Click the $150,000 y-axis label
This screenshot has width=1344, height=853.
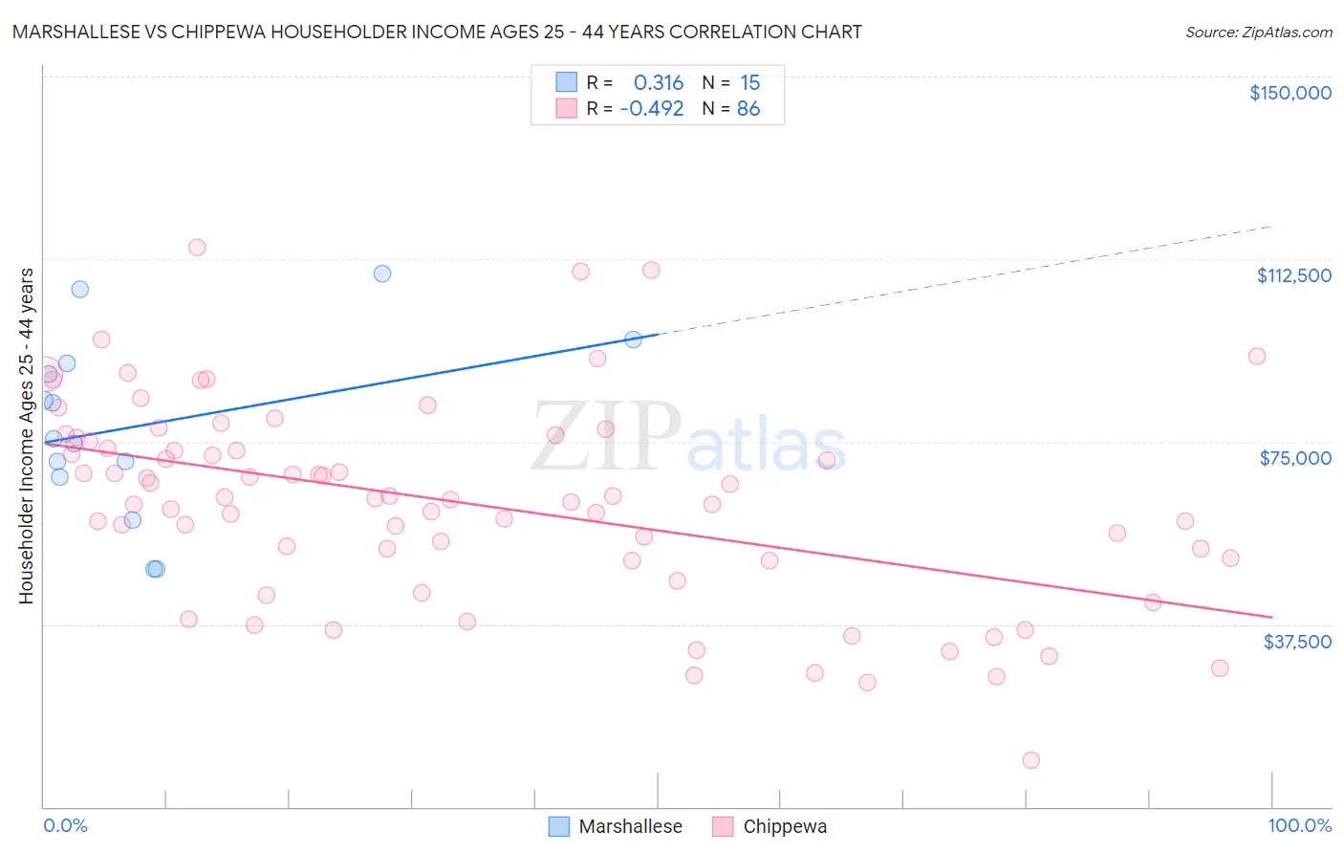coord(1290,93)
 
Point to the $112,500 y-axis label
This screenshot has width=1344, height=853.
coord(1293,275)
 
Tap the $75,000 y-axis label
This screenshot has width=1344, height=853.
coord(1295,458)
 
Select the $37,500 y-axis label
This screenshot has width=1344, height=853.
coord(1297,642)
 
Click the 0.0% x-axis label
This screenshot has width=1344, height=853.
coord(65,826)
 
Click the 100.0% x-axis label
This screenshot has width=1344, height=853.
coord(1299,826)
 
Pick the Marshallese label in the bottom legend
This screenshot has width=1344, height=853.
coord(630,827)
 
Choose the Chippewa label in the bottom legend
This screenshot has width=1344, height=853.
coord(785,827)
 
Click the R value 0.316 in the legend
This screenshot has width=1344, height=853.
coord(659,83)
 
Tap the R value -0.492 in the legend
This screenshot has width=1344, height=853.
coord(652,109)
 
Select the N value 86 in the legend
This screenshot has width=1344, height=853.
coord(748,109)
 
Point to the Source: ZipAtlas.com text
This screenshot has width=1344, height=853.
coord(1258,33)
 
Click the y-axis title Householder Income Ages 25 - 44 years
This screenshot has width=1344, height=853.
coord(27,436)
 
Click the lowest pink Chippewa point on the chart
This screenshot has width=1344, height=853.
coord(1030,760)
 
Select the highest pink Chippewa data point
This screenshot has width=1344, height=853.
coord(197,248)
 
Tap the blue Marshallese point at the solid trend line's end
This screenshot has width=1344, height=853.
coord(633,339)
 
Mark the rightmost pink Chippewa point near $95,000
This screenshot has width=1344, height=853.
coord(1257,357)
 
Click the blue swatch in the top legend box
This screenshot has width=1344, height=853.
coord(567,83)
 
